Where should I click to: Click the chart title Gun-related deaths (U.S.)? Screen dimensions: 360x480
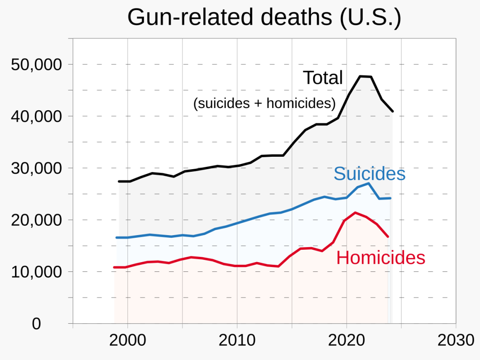[x=264, y=18]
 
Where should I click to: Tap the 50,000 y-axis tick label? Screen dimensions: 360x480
[x=35, y=65]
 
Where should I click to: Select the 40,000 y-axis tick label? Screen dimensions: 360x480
[x=35, y=116]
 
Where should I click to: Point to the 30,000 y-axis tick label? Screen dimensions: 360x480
[x=35, y=168]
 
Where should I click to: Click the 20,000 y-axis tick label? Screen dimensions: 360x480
[x=35, y=220]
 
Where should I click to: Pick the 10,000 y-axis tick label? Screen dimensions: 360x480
[x=35, y=272]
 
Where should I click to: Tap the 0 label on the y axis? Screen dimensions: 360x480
[x=36, y=324]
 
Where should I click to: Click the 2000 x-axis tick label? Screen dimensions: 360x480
[x=128, y=341]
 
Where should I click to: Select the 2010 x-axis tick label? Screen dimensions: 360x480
[x=237, y=341]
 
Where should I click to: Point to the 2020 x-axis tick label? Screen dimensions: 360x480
[x=346, y=341]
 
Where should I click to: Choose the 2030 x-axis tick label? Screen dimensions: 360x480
[x=456, y=341]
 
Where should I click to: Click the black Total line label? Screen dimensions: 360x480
[x=323, y=78]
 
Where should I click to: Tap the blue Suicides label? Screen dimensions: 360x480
[x=369, y=174]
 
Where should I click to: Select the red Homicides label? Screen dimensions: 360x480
[x=381, y=258]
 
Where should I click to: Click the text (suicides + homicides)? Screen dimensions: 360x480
[x=264, y=103]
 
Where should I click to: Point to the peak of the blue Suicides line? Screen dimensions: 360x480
[x=369, y=183]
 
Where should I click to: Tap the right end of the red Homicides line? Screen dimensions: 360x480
[x=388, y=236]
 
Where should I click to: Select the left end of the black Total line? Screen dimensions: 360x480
[x=119, y=181]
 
